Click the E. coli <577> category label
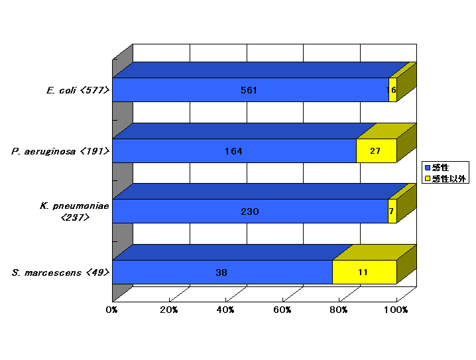coord(78,90)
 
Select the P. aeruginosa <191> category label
coord(60,151)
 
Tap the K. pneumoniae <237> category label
coord(75,211)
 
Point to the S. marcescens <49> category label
coord(60,272)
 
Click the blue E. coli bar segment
coord(251,90)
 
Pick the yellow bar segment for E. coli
coord(393,90)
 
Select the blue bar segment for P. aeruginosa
coord(235,151)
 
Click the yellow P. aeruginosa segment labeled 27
coord(377,151)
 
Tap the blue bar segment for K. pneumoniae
coord(251,211)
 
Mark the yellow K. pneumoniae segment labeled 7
coord(392,211)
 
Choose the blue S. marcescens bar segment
coord(223,272)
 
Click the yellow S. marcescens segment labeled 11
coord(365,272)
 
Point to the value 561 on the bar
coord(249,90)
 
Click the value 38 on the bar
coord(221,272)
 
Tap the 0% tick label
coord(112,310)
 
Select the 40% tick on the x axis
coord(225,310)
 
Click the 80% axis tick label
coord(339,310)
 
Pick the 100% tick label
coord(396,310)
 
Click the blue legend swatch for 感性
coord(428,168)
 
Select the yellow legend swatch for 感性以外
coord(428,178)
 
